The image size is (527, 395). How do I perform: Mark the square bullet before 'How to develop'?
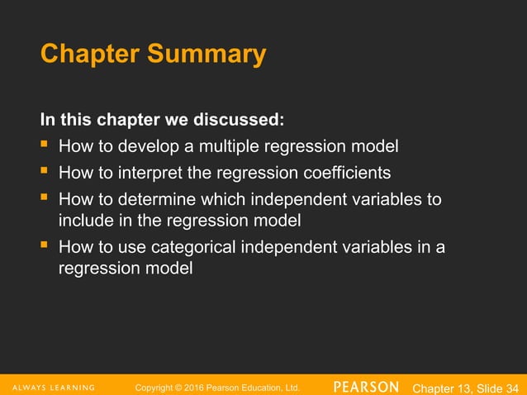(x=45, y=147)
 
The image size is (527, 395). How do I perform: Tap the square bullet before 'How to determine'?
(x=45, y=200)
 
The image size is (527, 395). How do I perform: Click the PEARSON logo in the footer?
(x=366, y=387)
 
